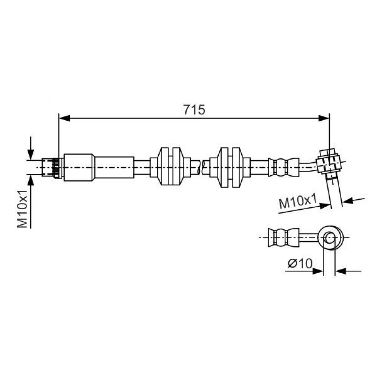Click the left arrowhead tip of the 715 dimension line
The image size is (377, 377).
[60, 118]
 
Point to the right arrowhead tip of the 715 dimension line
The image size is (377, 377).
[329, 118]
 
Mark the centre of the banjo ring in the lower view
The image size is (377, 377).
[329, 238]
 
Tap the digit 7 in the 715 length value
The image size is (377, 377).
[188, 110]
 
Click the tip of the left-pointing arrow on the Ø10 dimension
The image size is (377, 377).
[336, 271]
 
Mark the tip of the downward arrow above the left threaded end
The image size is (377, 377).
[31, 159]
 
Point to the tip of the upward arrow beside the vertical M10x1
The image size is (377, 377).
[31, 175]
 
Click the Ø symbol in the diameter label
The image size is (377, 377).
[293, 264]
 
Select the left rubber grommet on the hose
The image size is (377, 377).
[170, 166]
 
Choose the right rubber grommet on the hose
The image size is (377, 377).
[230, 167]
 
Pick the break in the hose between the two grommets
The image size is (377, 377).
[201, 167]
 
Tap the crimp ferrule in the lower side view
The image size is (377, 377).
[283, 238]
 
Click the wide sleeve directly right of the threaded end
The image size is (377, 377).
[78, 167]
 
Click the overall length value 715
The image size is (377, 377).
[194, 110]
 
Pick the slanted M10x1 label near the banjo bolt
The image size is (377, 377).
[297, 202]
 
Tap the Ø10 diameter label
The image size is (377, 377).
[300, 264]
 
